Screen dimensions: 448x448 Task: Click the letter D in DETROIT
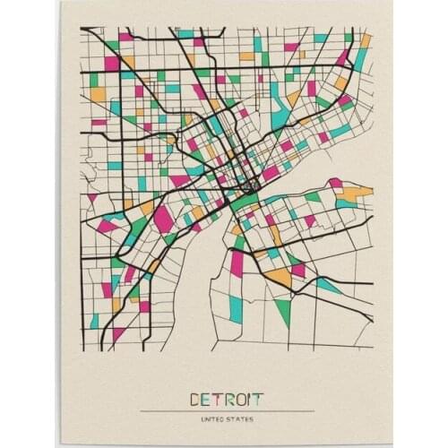pos(196,399)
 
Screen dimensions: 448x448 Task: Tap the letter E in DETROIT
pos(208,399)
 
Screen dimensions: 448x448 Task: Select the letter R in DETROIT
pos(231,399)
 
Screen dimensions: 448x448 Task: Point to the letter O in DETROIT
pos(244,399)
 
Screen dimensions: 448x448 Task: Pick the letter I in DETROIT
pos(253,399)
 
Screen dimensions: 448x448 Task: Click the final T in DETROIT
pos(260,399)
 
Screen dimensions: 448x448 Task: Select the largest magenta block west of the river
pos(164,218)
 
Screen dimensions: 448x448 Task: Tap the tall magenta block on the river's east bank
pos(237,263)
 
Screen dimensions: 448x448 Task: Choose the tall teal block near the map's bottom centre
pos(236,307)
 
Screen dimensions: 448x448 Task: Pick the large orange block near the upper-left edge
pos(98,93)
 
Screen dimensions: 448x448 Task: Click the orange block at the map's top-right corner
pos(365,40)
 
